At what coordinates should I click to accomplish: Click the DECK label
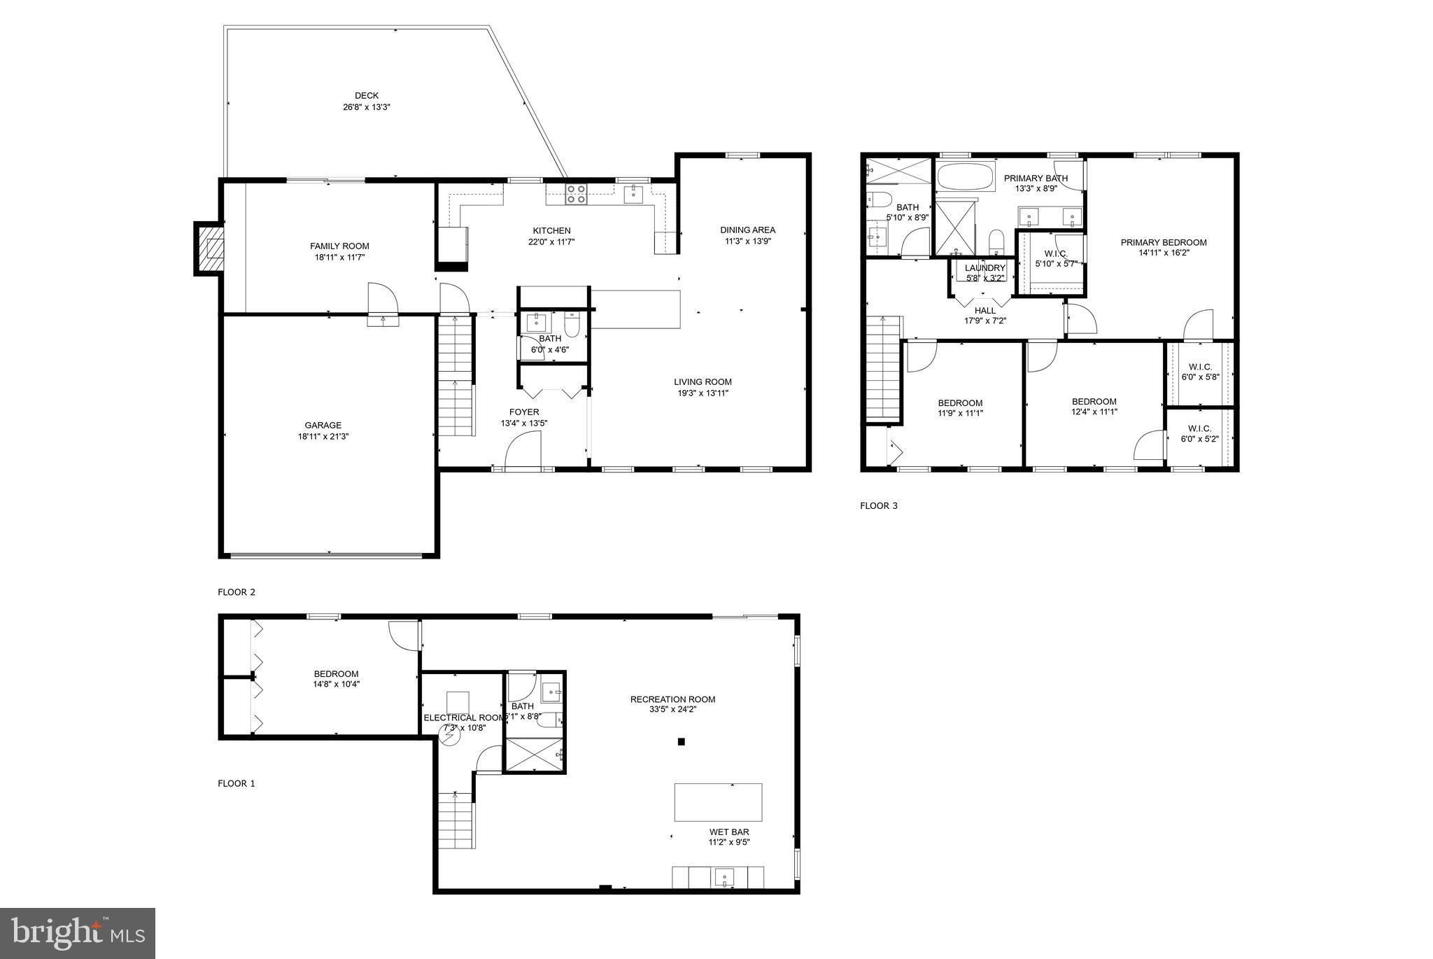(x=366, y=96)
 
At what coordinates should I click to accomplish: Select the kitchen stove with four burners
(x=577, y=194)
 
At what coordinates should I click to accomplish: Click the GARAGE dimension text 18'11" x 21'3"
(x=323, y=436)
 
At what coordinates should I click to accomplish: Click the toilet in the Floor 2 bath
(x=572, y=327)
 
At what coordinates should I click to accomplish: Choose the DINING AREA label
(x=747, y=230)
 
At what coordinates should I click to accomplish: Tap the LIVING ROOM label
(x=703, y=381)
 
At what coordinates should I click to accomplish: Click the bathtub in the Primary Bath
(x=965, y=177)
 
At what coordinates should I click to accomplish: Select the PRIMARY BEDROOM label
(x=1163, y=242)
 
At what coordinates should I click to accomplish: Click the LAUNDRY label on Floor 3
(x=984, y=268)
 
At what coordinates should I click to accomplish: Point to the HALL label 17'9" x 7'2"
(x=984, y=316)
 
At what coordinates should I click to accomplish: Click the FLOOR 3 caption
(x=878, y=505)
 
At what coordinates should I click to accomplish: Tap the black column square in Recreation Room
(x=681, y=741)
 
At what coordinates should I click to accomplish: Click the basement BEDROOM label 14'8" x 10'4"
(x=336, y=679)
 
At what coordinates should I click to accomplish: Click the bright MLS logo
(x=77, y=933)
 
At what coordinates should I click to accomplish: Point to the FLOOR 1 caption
(x=237, y=783)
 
